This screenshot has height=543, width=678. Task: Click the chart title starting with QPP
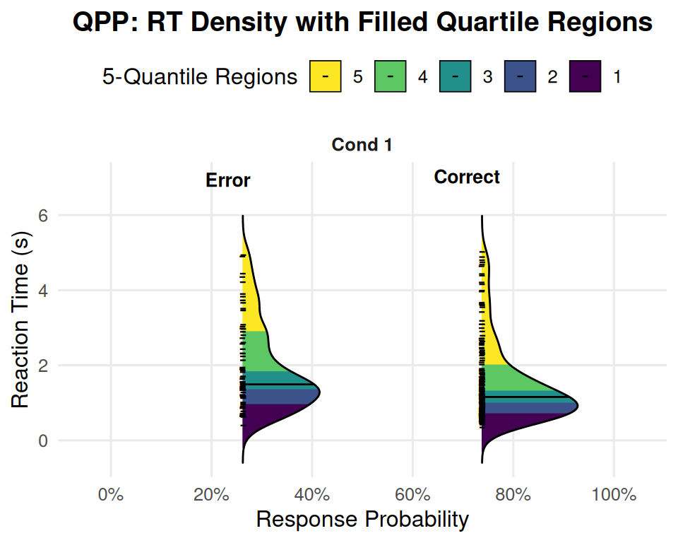362,23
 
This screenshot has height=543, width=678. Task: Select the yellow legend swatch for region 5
325,76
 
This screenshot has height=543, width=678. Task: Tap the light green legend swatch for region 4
390,76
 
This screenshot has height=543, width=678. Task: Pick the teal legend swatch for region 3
455,76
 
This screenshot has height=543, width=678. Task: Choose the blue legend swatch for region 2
520,76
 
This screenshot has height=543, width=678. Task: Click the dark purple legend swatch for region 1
585,76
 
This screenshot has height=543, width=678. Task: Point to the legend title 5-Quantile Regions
200,76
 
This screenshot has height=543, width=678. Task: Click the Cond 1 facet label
362,145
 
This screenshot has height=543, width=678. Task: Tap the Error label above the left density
227,180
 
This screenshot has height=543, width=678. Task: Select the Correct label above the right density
467,177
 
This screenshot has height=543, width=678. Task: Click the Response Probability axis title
362,520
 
